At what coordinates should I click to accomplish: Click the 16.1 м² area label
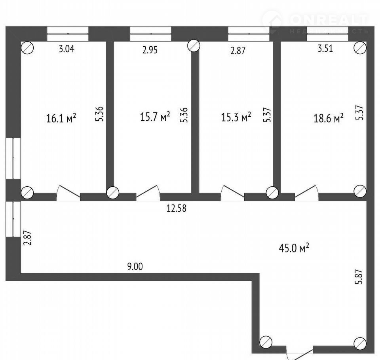tap(61, 118)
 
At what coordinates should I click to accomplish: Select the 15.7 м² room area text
tap(155, 117)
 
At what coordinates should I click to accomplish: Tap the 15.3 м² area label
tap(236, 117)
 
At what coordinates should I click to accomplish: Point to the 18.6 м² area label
tap(329, 118)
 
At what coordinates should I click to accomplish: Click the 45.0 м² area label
tap(294, 248)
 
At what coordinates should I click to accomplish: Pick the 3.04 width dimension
tap(66, 49)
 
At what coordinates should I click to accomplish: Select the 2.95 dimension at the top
tap(150, 50)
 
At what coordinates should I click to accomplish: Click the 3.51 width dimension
tap(325, 48)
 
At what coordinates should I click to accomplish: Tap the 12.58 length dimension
tap(177, 208)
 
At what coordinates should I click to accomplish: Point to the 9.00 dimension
tap(135, 267)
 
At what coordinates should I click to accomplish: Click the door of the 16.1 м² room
tap(68, 193)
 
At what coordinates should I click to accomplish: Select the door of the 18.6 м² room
tap(306, 193)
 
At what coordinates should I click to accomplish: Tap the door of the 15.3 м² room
tap(232, 193)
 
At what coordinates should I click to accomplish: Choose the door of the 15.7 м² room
tap(148, 193)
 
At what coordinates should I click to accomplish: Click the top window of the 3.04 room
tap(68, 34)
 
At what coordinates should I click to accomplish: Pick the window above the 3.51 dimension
tap(327, 34)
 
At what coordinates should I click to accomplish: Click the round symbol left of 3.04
tap(27, 48)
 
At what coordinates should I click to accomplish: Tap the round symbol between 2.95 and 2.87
tap(194, 45)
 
